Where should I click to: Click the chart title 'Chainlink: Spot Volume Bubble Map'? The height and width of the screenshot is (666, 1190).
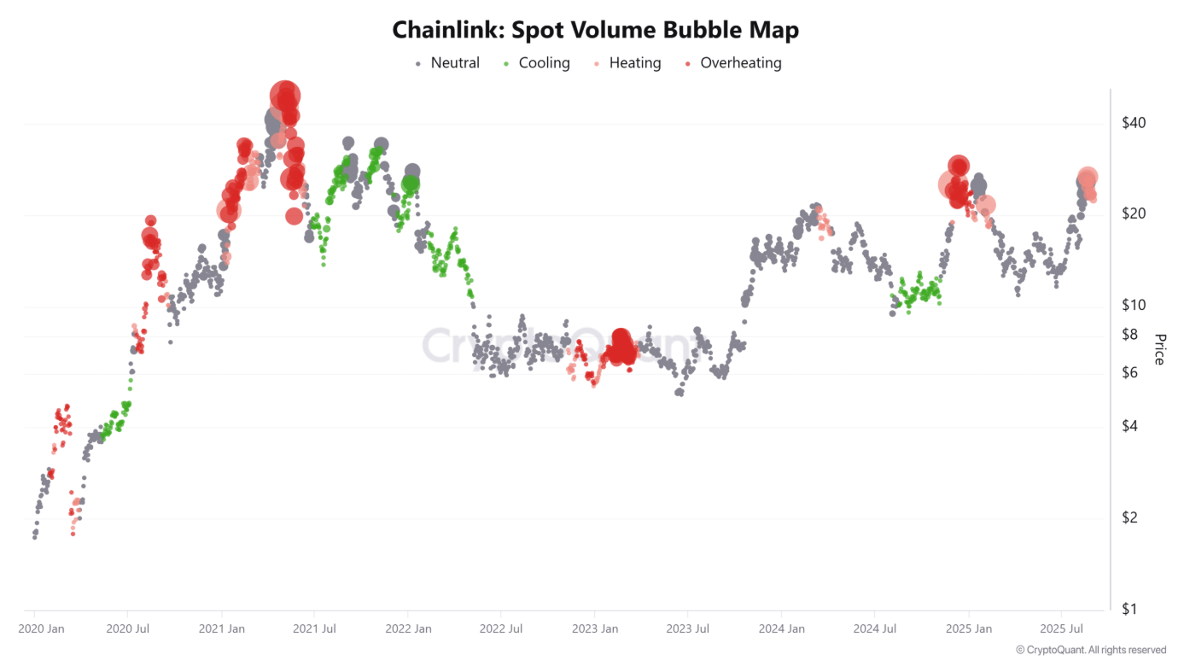coord(595,31)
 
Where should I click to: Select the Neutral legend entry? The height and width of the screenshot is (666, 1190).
coord(447,63)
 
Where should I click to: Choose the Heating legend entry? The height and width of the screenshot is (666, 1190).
coord(627,63)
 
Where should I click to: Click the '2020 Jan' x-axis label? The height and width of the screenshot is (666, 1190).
coord(42,629)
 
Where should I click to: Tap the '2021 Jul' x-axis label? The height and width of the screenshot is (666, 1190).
coord(314,629)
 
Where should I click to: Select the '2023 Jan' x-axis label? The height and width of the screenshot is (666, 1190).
coord(595,629)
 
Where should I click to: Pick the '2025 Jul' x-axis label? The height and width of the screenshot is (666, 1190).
coord(1061,629)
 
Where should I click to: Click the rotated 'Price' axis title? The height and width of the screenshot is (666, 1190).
coord(1159,349)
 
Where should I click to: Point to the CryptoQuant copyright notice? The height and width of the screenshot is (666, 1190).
coord(1091,651)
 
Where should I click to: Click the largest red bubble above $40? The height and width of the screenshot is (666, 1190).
coord(285,96)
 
